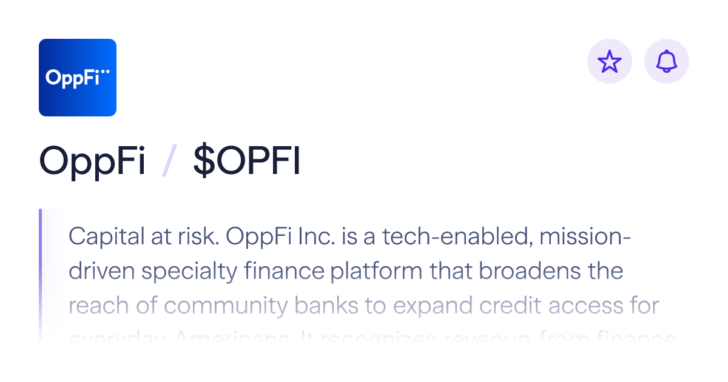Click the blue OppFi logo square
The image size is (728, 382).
pyautogui.click(x=77, y=77)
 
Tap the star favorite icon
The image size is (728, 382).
pyautogui.click(x=610, y=61)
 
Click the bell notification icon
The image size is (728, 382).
pyautogui.click(x=666, y=61)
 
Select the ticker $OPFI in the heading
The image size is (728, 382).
pyautogui.click(x=247, y=161)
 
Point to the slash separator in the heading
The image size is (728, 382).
pyautogui.click(x=169, y=161)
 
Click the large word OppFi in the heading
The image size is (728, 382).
pyautogui.click(x=92, y=161)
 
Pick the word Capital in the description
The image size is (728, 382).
pyautogui.click(x=98, y=236)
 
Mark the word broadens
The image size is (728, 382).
pyautogui.click(x=524, y=271)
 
